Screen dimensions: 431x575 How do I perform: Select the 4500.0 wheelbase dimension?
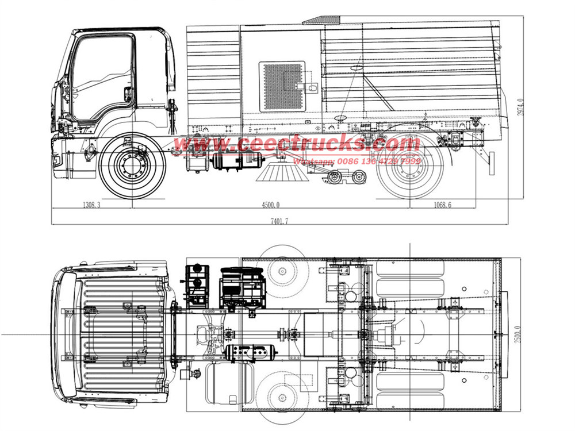tap(270, 205)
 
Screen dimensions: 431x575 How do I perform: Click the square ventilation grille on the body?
tap(282, 86)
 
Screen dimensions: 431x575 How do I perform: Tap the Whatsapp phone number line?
tap(357, 161)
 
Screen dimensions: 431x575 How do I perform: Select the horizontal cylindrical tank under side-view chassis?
tap(231, 163)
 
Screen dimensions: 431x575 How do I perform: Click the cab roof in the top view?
tap(115, 333)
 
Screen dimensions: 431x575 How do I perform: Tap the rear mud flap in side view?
tap(492, 163)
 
